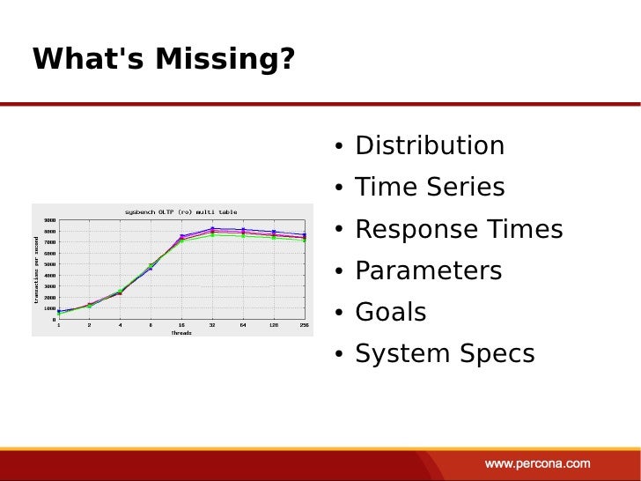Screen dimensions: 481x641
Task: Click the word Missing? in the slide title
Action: tap(225, 59)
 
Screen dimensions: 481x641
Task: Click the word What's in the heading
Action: tap(88, 59)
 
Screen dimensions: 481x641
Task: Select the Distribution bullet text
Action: tap(430, 145)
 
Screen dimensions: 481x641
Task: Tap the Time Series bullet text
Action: tap(430, 187)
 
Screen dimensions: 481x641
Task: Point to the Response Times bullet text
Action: tap(458, 229)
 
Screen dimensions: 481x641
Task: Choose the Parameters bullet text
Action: tap(428, 270)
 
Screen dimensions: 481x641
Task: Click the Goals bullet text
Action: tap(390, 312)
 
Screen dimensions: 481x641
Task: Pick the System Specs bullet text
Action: tap(445, 353)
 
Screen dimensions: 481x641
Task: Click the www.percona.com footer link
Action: tap(538, 462)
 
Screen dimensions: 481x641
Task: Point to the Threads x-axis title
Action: tap(181, 333)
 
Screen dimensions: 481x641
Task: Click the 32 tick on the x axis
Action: tap(212, 325)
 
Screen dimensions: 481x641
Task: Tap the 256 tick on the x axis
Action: tap(304, 325)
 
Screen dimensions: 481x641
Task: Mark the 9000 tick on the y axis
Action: tap(51, 220)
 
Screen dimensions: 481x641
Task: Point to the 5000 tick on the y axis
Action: tap(51, 264)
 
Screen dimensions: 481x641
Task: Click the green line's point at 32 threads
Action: tap(212, 235)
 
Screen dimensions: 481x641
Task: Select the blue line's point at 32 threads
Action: tap(212, 229)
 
